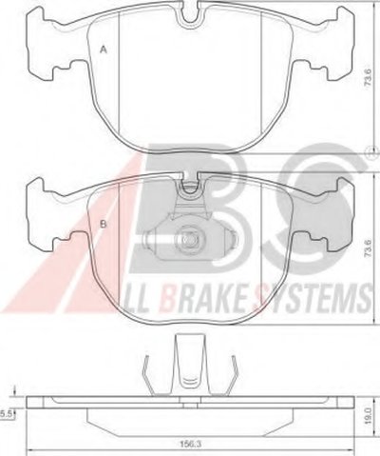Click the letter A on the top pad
pos(103,50)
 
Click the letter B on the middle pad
pos(104,225)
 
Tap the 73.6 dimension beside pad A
pos(368,78)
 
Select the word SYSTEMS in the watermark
pos(315,298)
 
